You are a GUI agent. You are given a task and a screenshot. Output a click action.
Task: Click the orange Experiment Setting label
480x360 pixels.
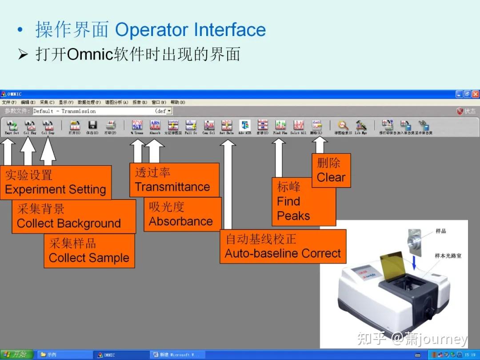point(55,182)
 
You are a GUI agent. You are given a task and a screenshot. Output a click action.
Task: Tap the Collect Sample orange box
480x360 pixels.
point(89,251)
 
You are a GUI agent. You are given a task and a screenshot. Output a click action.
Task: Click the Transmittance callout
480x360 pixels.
point(174,180)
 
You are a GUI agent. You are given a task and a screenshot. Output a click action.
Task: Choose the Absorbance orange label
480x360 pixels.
point(182,214)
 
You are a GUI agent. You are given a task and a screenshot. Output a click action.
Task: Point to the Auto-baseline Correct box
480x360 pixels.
point(283,247)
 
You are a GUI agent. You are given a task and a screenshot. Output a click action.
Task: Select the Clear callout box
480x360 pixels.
point(331,170)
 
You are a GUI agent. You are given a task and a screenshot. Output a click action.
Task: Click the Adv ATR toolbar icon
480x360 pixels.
point(244,127)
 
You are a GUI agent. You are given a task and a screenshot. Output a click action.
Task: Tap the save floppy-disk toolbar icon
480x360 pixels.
point(92,127)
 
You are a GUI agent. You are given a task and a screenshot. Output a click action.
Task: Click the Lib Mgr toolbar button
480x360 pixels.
point(360,127)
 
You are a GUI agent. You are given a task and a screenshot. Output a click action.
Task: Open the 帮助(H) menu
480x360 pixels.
point(177,102)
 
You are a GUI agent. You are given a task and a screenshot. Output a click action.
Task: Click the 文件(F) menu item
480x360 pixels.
point(9,102)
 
